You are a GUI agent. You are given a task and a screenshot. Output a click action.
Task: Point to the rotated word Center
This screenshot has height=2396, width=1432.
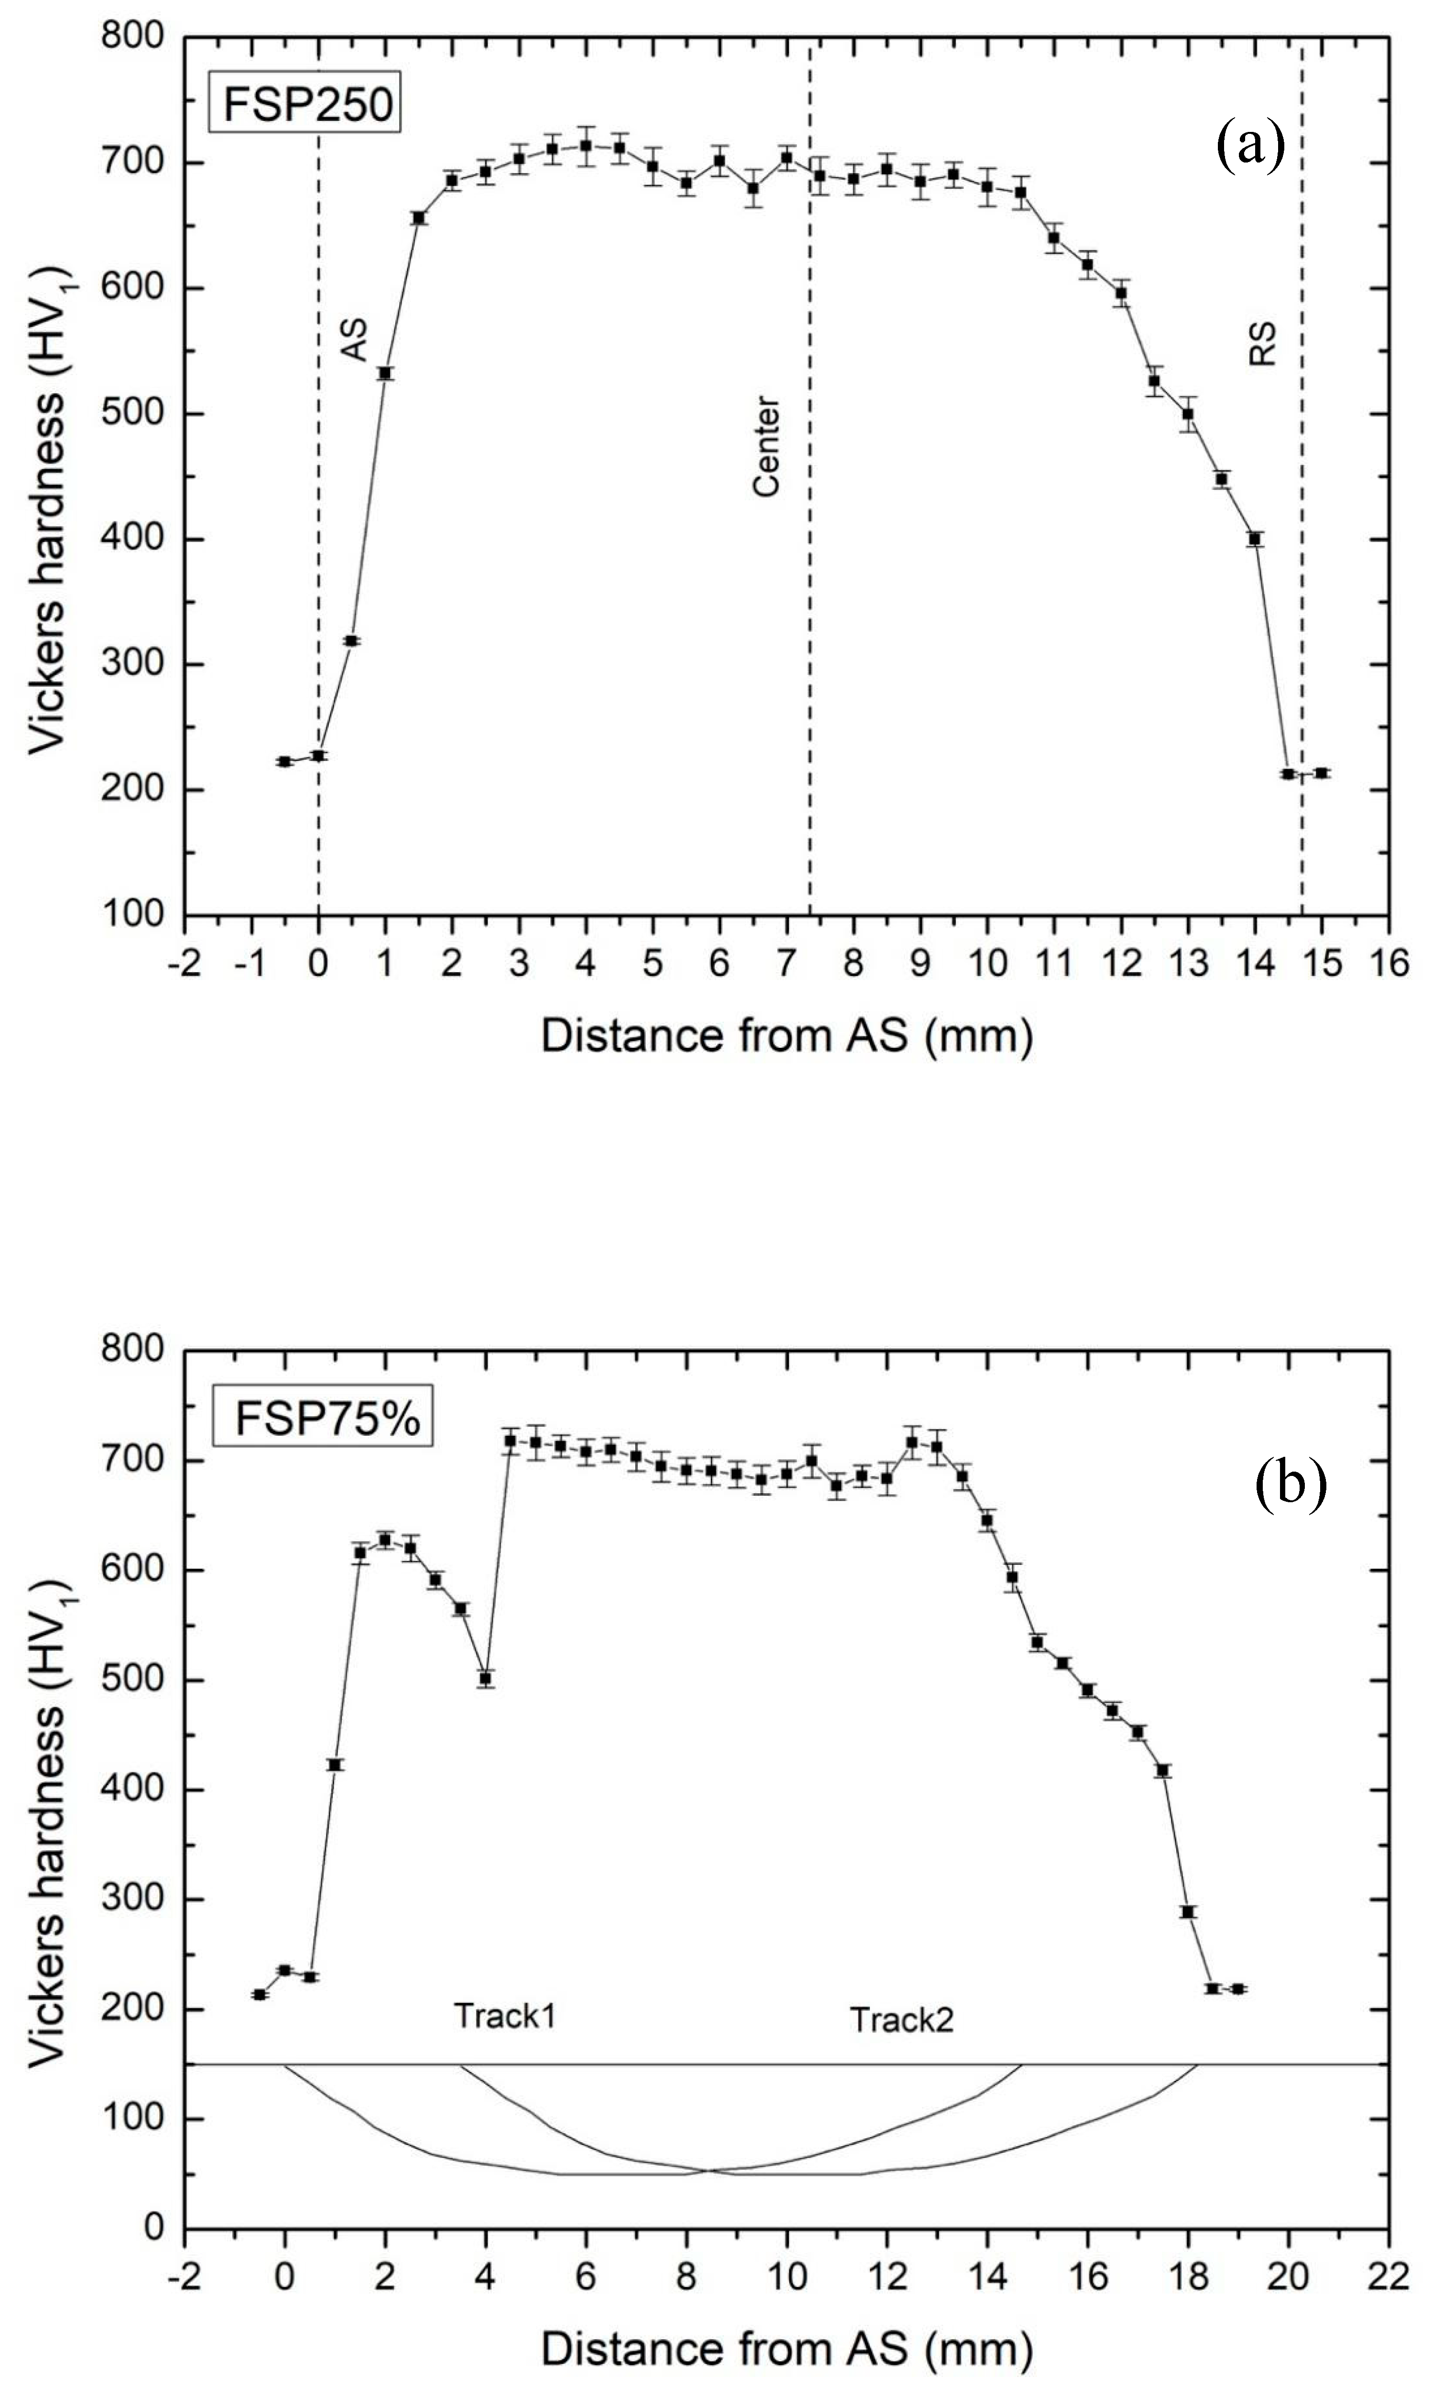click(766, 446)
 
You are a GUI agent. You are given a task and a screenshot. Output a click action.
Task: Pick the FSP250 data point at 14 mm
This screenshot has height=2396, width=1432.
click(1255, 539)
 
